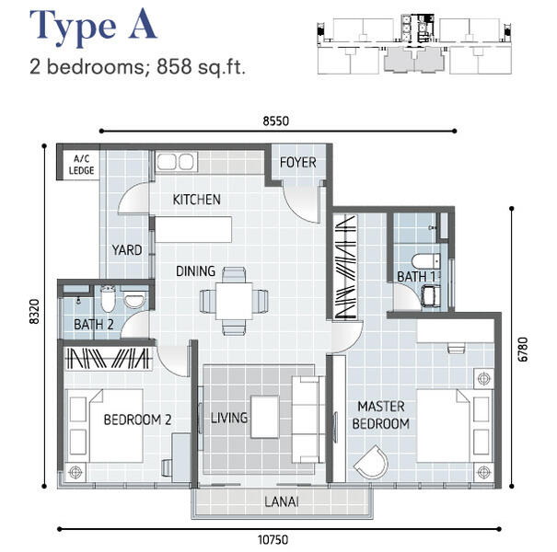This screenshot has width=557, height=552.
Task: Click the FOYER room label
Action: (297, 163)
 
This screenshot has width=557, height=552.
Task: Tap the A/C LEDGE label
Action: (81, 165)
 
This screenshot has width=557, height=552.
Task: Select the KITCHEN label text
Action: (196, 200)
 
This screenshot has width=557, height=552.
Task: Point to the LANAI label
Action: (282, 501)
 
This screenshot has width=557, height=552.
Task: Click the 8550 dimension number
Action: (275, 121)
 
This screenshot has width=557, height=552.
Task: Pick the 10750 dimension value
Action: (273, 540)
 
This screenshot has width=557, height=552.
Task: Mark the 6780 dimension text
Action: (523, 350)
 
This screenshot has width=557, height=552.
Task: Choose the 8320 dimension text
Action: (34, 312)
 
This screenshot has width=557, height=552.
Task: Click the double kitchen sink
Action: (176, 162)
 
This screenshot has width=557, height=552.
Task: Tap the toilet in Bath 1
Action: (426, 261)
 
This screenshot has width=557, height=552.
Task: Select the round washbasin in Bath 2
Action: (134, 300)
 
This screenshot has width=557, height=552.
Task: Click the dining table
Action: (234, 301)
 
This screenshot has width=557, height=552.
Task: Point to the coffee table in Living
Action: (264, 417)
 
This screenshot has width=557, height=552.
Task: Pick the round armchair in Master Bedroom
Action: (372, 462)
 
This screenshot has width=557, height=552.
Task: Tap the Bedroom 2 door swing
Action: (173, 361)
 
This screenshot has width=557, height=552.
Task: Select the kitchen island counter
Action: (193, 230)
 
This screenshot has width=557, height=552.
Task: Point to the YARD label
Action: (127, 250)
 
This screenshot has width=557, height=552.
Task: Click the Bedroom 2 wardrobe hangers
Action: (109, 358)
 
